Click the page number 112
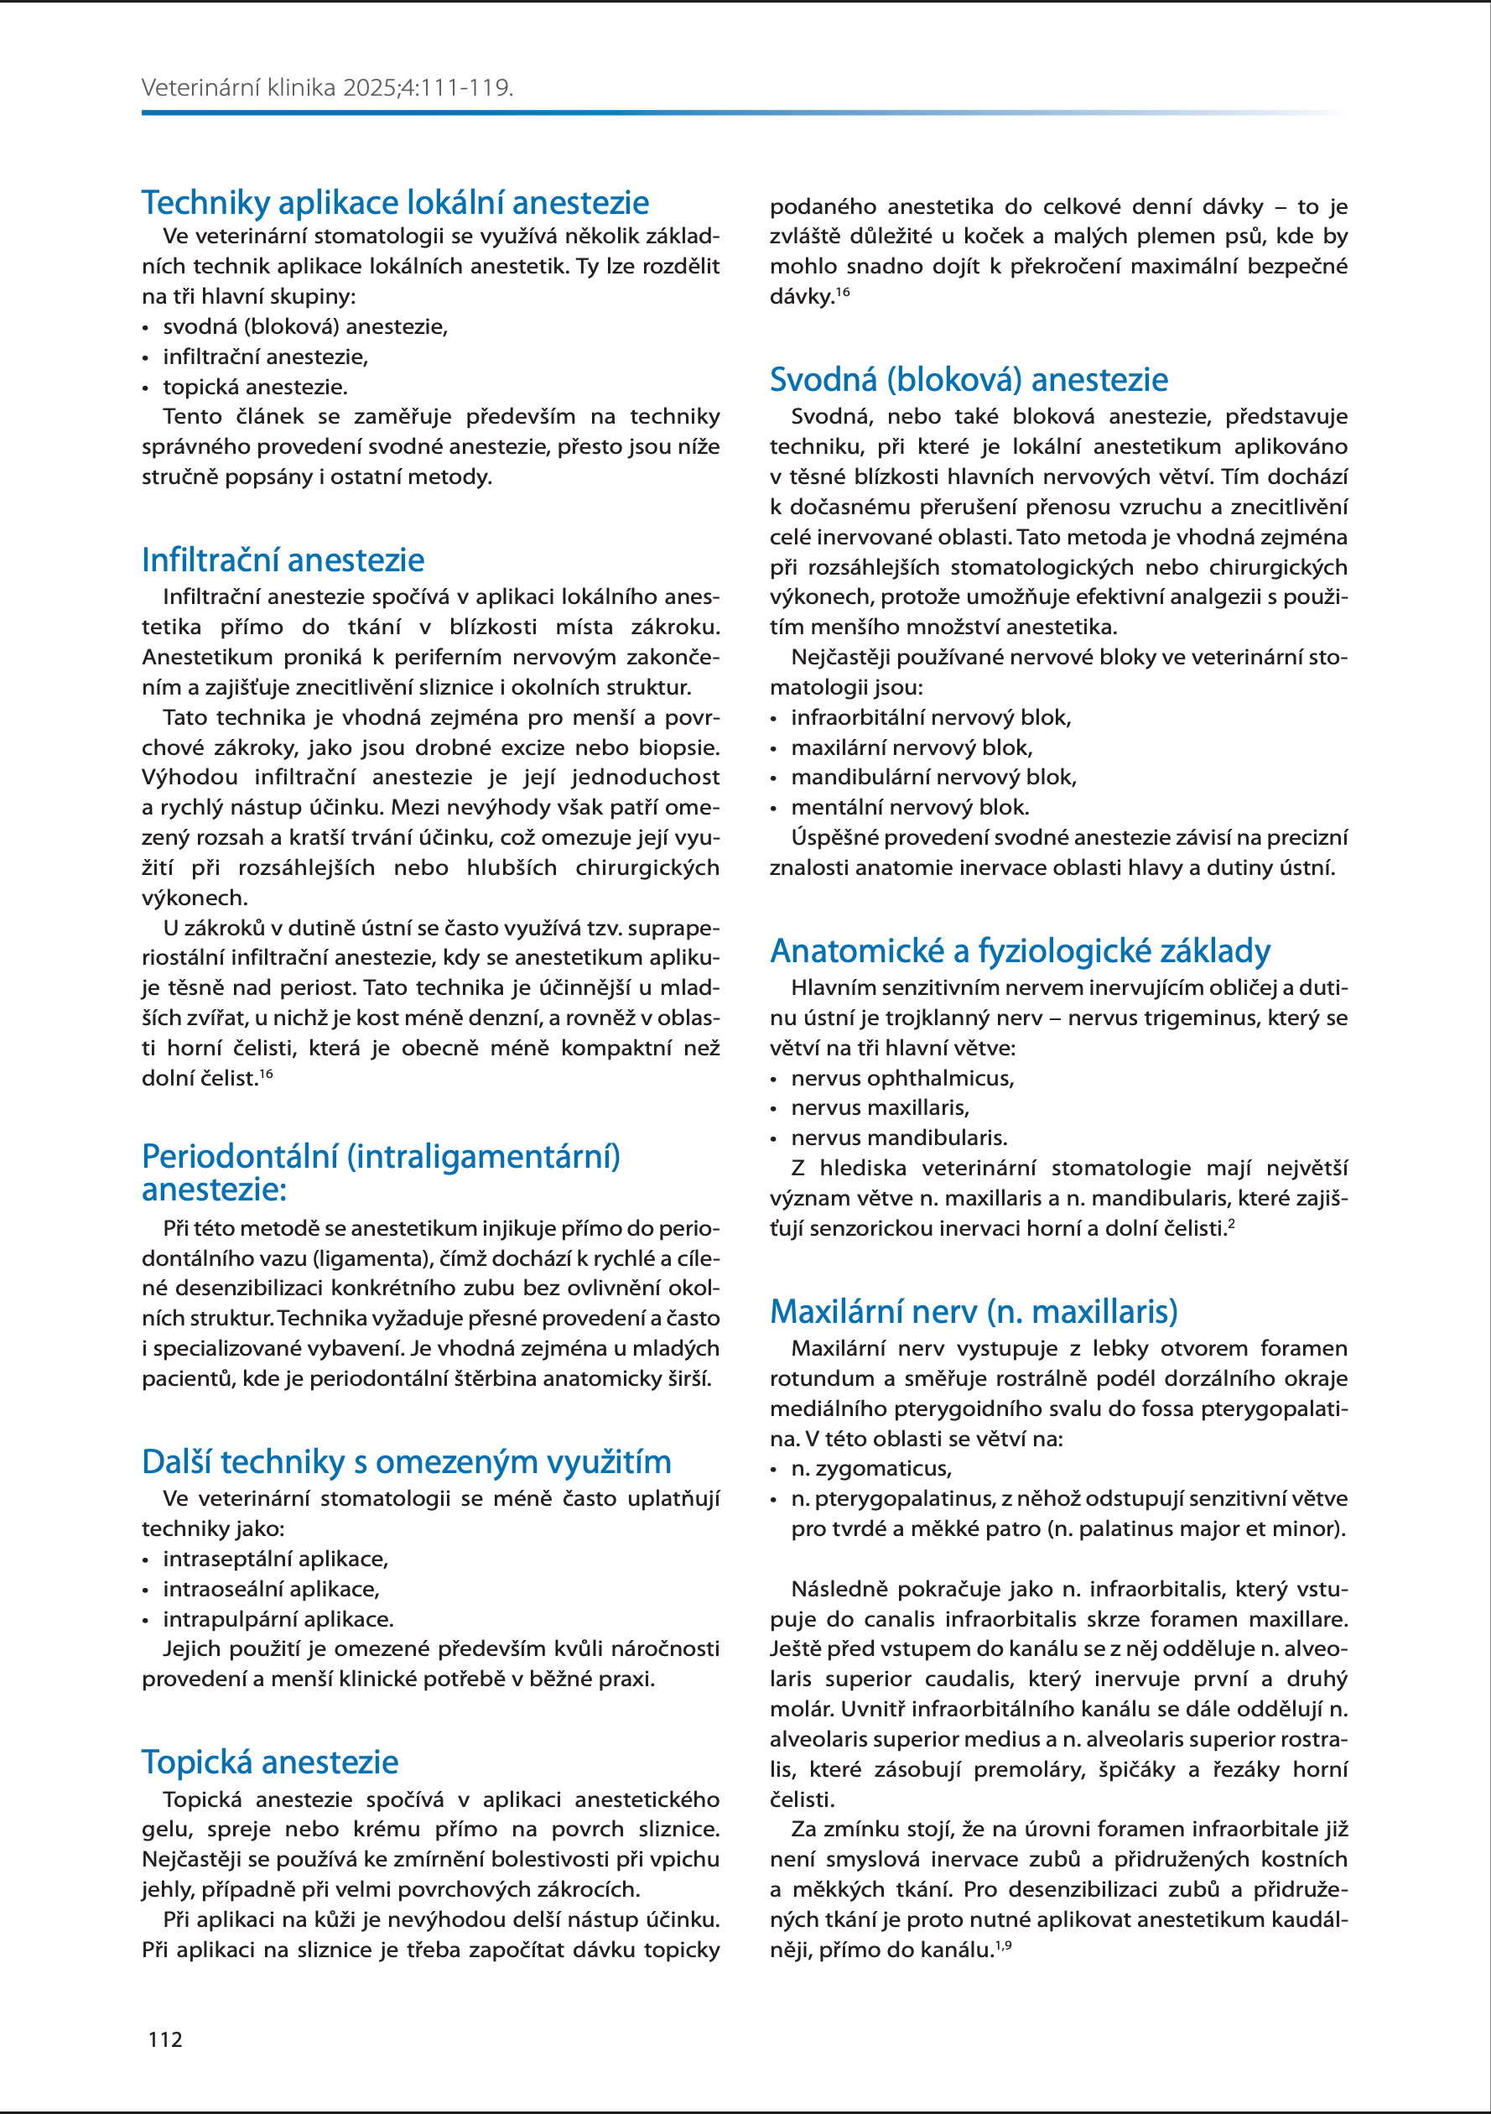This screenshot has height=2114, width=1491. click(166, 2039)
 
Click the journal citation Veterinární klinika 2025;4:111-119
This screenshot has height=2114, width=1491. click(327, 88)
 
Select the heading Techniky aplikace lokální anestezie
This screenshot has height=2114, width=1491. click(395, 202)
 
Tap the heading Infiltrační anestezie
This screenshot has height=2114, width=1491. click(283, 560)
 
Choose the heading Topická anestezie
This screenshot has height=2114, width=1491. click(270, 1762)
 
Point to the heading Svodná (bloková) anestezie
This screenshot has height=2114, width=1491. click(969, 379)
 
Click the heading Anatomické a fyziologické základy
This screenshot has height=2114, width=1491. click(1020, 950)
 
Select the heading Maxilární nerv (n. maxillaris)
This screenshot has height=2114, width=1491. click(973, 1311)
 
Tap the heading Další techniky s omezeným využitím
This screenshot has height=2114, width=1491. click(406, 1461)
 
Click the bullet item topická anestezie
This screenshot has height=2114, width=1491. click(255, 387)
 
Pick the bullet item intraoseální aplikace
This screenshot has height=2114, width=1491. click(271, 1589)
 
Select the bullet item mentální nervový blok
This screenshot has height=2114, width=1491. click(909, 808)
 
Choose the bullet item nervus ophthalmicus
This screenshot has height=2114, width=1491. click(902, 1078)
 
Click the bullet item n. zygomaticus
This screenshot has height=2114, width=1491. click(870, 1469)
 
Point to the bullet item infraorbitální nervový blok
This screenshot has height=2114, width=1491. click(931, 717)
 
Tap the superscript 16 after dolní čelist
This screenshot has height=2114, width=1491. click(266, 1074)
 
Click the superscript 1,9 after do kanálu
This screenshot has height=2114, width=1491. click(1003, 1945)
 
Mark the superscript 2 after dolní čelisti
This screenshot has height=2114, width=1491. click(1231, 1224)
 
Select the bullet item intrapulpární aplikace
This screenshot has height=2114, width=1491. click(278, 1619)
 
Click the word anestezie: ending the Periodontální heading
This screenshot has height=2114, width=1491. click(214, 1190)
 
